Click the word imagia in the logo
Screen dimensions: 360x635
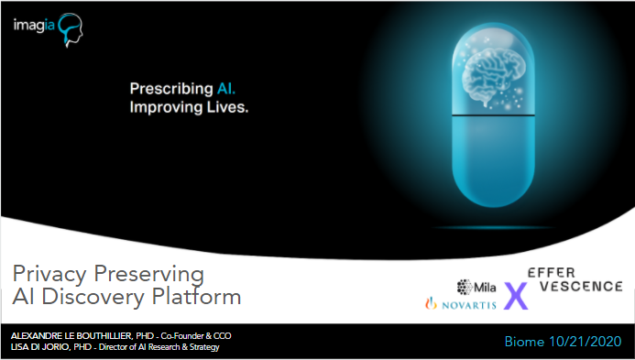[x=34, y=27]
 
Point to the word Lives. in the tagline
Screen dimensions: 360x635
[x=225, y=106]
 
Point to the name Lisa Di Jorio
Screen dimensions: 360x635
[x=37, y=346]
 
